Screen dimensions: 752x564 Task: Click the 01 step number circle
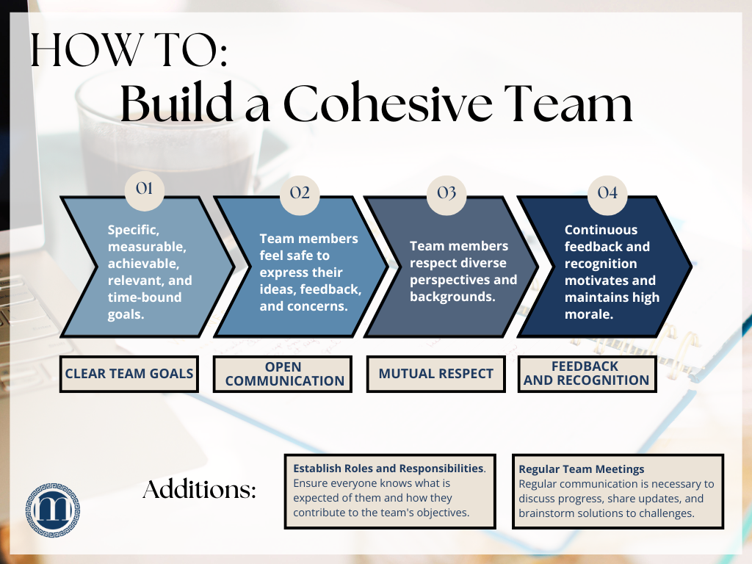point(145,189)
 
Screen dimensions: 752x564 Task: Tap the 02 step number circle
point(300,193)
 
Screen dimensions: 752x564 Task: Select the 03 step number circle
point(446,193)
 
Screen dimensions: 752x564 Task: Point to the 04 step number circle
point(607,193)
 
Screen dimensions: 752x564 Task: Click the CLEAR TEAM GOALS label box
point(129,374)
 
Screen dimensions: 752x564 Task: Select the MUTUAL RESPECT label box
point(436,374)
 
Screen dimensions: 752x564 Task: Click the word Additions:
point(199,490)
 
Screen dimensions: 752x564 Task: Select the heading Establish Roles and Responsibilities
point(388,468)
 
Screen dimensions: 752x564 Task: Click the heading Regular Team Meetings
point(582,469)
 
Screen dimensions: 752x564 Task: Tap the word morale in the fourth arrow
point(588,314)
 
